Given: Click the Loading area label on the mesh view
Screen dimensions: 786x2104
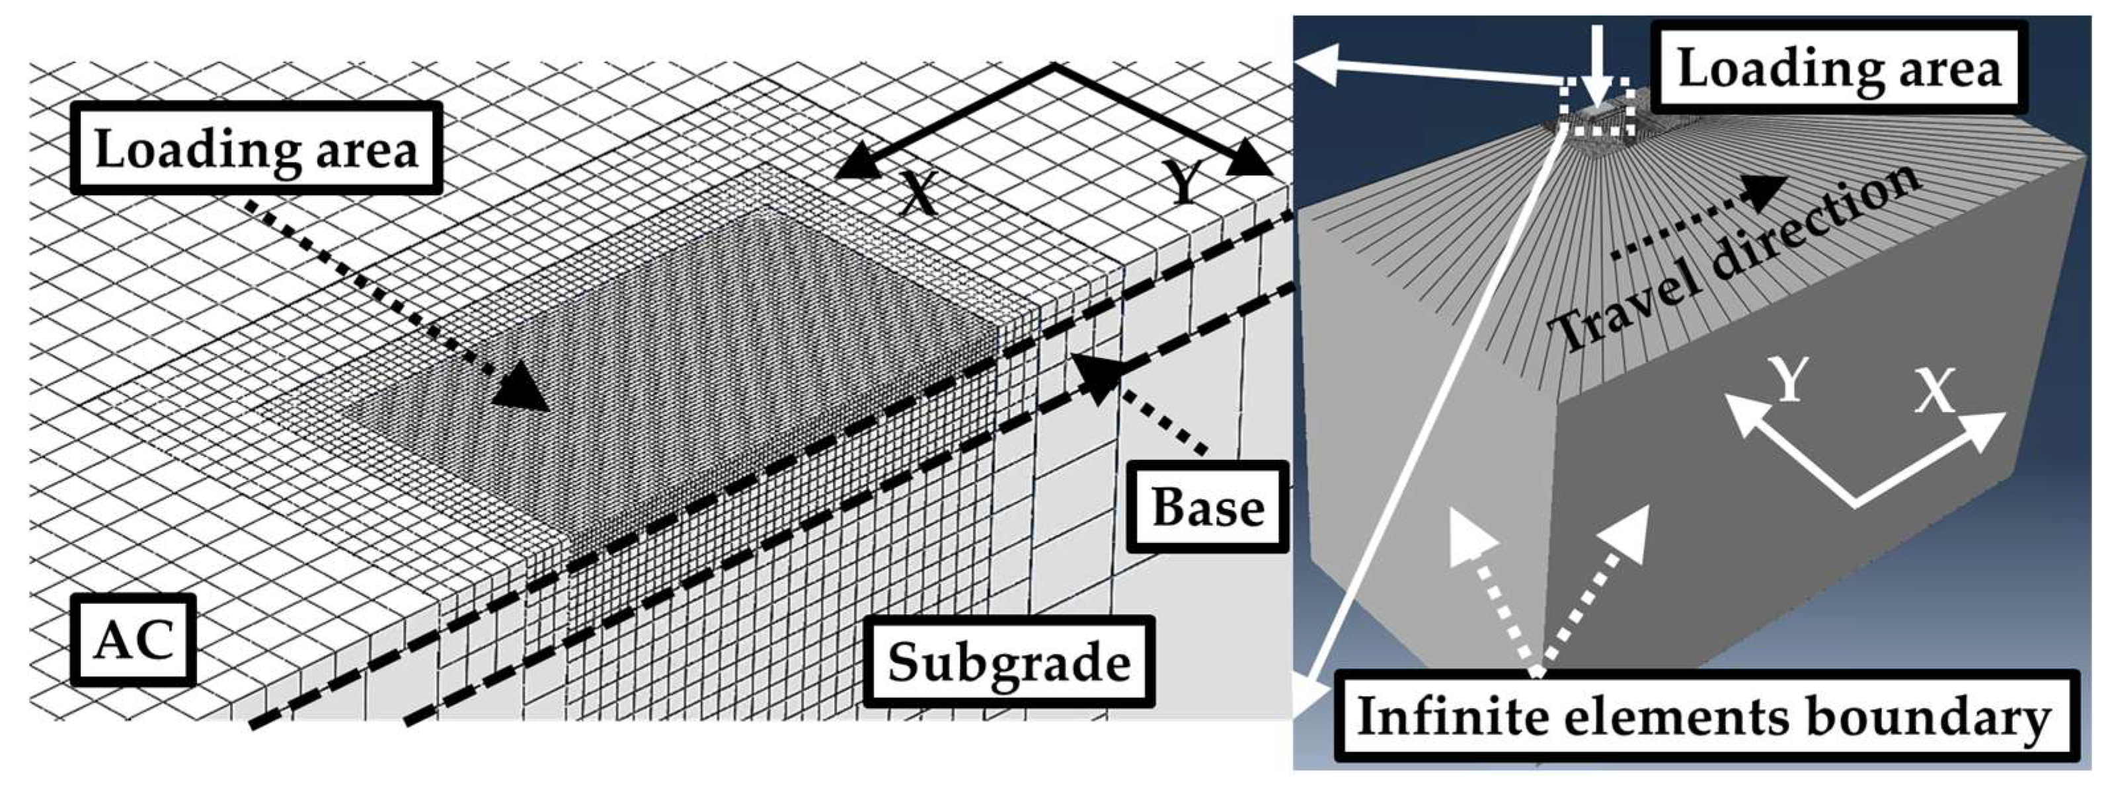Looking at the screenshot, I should (x=256, y=149).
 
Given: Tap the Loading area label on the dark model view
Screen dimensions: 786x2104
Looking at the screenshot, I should (x=1838, y=69).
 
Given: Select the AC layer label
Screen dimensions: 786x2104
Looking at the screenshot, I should (x=133, y=639).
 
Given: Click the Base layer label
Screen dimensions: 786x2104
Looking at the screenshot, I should (x=1207, y=507).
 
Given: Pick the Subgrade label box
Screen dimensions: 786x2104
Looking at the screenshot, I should (x=1009, y=661).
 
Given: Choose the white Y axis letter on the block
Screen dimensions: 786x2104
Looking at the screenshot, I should (x=1787, y=380).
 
